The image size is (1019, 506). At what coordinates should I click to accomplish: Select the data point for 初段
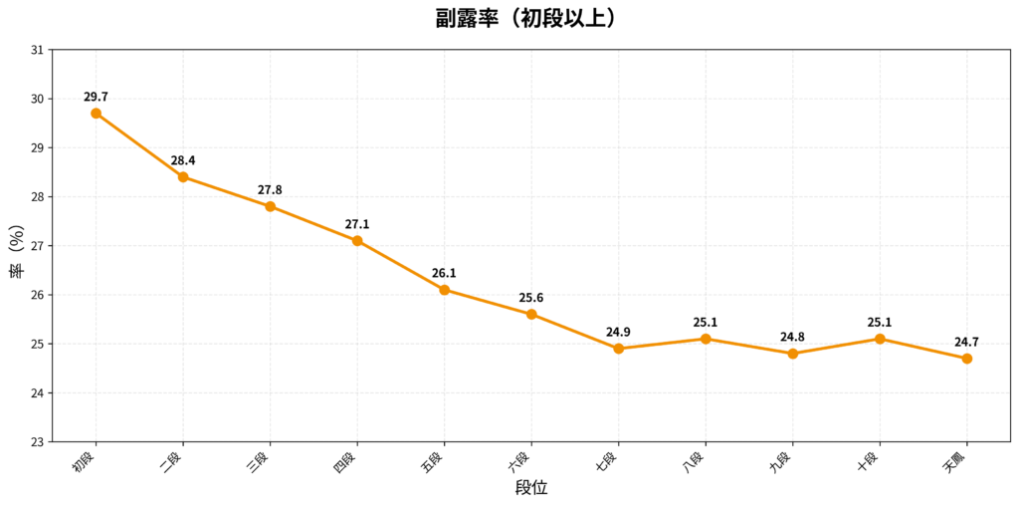click(97, 114)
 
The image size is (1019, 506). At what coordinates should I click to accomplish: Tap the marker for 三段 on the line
click(271, 206)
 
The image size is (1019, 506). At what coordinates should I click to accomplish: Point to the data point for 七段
click(619, 349)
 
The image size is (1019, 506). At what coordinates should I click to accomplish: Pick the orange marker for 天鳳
click(967, 359)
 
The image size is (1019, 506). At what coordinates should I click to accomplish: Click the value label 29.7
click(97, 97)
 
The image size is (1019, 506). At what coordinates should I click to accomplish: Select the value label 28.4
click(183, 160)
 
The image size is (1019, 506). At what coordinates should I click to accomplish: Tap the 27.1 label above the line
click(357, 224)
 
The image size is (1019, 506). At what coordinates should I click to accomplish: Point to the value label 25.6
click(531, 298)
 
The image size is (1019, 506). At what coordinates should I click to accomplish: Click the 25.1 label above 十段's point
click(880, 322)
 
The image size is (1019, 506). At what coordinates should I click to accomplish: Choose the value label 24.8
click(793, 337)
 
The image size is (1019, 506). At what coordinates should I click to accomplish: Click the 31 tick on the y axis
click(38, 50)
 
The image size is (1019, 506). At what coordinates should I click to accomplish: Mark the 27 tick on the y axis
click(38, 246)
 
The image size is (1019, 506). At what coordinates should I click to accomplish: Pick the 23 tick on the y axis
click(38, 442)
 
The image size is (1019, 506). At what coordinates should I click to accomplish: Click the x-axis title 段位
click(531, 488)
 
